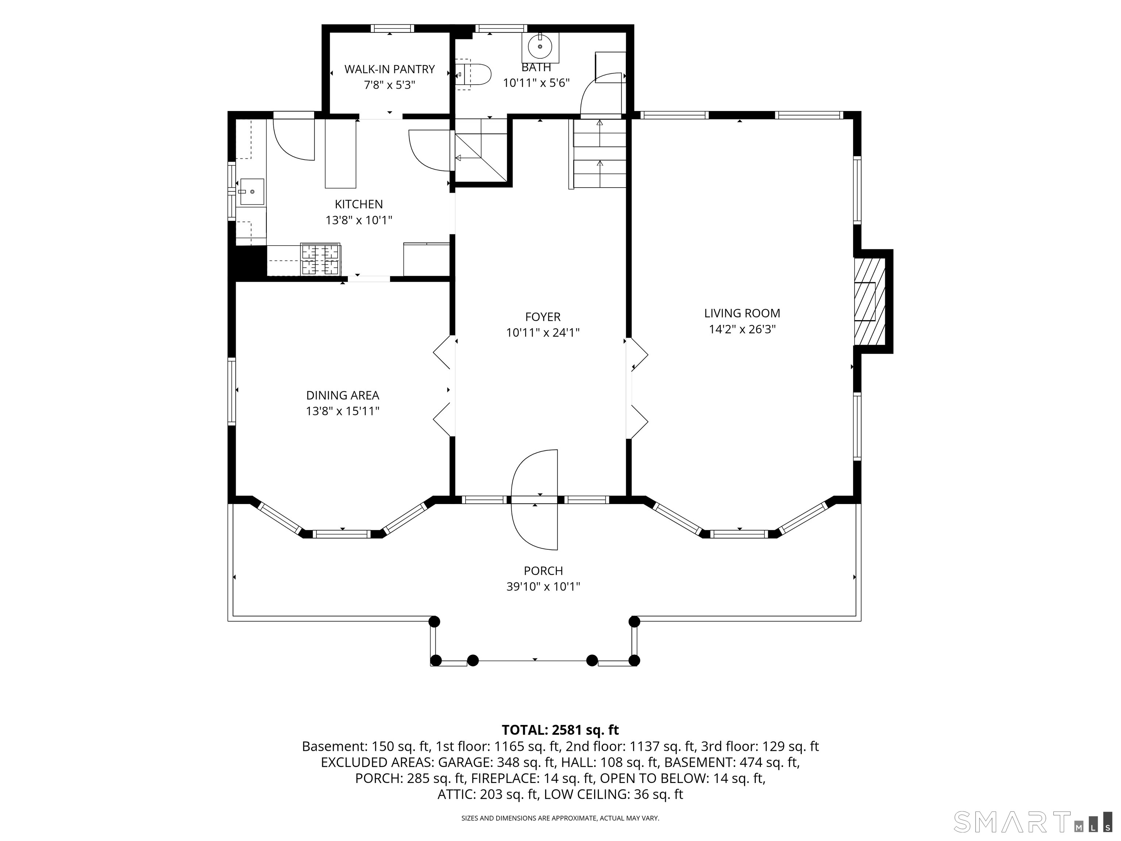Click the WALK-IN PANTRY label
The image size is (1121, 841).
pos(389,69)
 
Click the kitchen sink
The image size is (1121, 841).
pos(252,192)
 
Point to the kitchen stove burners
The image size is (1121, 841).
pos(320,259)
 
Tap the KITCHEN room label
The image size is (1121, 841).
pos(359,204)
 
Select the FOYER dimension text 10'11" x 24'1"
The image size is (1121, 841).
pos(543,333)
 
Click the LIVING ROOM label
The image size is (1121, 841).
pos(742,313)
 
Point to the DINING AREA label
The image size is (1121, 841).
pos(343,395)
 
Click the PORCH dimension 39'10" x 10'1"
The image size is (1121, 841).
pos(543,587)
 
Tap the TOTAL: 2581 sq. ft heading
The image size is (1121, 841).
pos(560,730)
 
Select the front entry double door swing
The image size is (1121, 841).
pos(535,499)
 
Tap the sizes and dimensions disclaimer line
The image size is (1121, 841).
pos(560,818)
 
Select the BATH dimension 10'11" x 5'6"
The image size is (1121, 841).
pos(536,82)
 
